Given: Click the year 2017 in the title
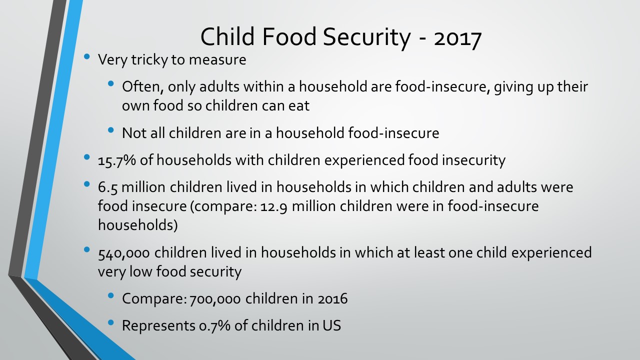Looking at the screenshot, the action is pos(457,37).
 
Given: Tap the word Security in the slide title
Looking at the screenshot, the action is pos(367,37).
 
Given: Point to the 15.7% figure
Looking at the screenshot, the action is pos(117,160).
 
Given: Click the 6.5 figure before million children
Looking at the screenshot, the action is pos(107,187).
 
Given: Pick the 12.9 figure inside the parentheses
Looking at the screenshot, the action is pos(273,206).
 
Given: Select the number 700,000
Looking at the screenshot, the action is pos(215,299).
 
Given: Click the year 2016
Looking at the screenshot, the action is pos(332,299).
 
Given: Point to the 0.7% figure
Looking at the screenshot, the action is pos(214,326).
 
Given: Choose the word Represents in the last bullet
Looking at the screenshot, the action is pos(158,326).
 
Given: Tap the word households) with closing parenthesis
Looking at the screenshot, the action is pos(138,225).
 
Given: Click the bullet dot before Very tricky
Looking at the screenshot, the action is pos(87,56).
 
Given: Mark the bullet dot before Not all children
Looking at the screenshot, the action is pos(111,130).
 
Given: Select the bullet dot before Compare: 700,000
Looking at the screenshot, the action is pos(111,295).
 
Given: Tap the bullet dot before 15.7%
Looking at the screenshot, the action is pos(87,157).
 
